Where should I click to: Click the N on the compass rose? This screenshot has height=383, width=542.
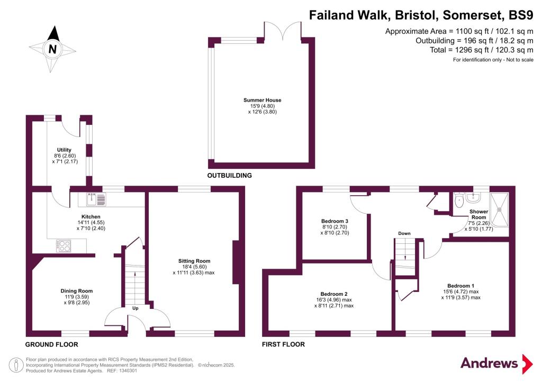tap(52, 49)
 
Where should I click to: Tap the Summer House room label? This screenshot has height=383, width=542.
tap(262, 100)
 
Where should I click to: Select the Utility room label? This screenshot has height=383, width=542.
tap(64, 150)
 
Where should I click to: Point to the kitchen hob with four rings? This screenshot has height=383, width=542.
tap(64, 245)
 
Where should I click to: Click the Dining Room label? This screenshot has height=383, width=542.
tap(76, 291)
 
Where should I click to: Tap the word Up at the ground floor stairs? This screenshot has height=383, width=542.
tap(135, 308)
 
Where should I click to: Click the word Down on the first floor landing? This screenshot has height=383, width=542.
tap(404, 233)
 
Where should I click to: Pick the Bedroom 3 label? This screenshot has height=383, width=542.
tap(335, 221)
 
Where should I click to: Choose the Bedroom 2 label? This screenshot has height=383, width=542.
tap(334, 294)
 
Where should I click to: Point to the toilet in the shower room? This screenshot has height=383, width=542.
tap(459, 200)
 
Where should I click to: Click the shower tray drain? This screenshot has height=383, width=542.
tap(499, 209)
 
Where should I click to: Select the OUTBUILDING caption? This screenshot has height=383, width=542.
tap(229, 175)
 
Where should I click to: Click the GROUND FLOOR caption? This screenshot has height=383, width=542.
tap(52, 344)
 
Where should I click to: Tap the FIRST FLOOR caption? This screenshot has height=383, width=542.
tap(283, 344)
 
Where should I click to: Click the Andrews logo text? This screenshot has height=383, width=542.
tap(489, 363)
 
